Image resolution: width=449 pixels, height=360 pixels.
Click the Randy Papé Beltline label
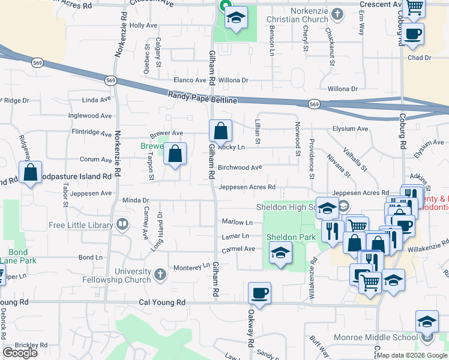[203, 97]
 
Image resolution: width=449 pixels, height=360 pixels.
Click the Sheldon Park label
[291, 237]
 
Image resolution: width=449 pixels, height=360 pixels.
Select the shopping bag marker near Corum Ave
[175, 154]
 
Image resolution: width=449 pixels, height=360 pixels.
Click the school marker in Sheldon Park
[280, 253]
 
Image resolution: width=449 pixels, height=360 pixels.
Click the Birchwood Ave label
[240, 168]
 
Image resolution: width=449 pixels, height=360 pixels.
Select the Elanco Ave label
[190, 80]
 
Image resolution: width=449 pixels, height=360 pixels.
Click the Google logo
[20, 353]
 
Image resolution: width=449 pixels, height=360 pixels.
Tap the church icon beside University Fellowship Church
[160, 275]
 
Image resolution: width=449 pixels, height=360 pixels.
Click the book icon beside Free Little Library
[123, 225]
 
